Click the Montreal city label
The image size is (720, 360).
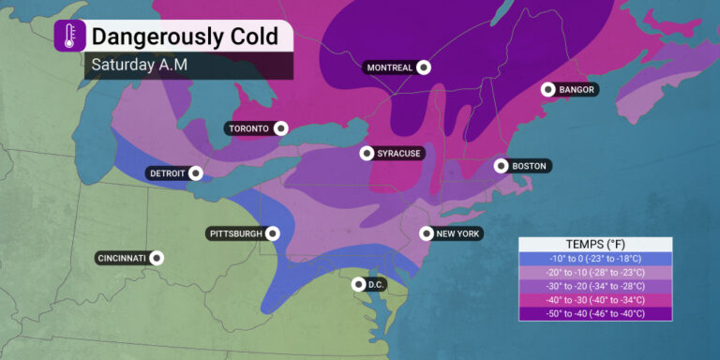[x=389, y=67]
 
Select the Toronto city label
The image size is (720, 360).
[x=247, y=128]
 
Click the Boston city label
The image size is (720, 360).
[x=529, y=166]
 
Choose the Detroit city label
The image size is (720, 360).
[x=167, y=173]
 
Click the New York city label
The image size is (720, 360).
[x=457, y=233]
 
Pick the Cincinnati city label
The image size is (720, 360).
[x=121, y=258]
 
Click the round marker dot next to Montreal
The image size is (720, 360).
[x=424, y=67]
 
